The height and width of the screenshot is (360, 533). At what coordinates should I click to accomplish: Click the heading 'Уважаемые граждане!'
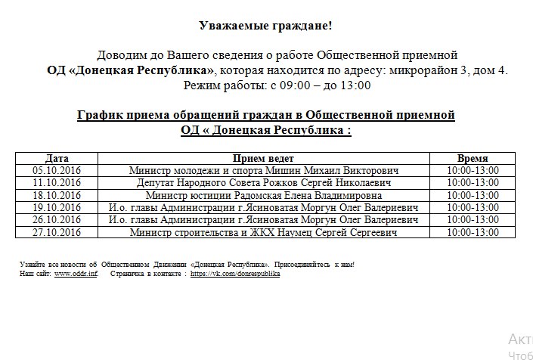click(265, 26)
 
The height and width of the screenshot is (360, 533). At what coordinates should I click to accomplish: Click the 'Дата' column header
click(57, 159)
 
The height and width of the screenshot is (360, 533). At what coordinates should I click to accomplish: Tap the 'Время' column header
click(473, 159)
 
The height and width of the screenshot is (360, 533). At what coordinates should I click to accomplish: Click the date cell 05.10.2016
click(57, 171)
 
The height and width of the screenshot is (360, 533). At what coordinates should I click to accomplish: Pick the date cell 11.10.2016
click(57, 183)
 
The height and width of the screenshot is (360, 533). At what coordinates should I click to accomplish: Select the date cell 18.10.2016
click(57, 195)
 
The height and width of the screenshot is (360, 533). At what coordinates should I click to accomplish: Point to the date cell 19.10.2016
click(57, 207)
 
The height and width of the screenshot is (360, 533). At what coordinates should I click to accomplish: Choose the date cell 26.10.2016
click(57, 219)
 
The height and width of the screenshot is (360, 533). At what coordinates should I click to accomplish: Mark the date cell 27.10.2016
click(57, 231)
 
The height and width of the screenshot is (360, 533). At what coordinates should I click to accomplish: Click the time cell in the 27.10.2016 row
click(473, 231)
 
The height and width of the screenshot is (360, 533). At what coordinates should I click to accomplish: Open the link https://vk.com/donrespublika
click(235, 274)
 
